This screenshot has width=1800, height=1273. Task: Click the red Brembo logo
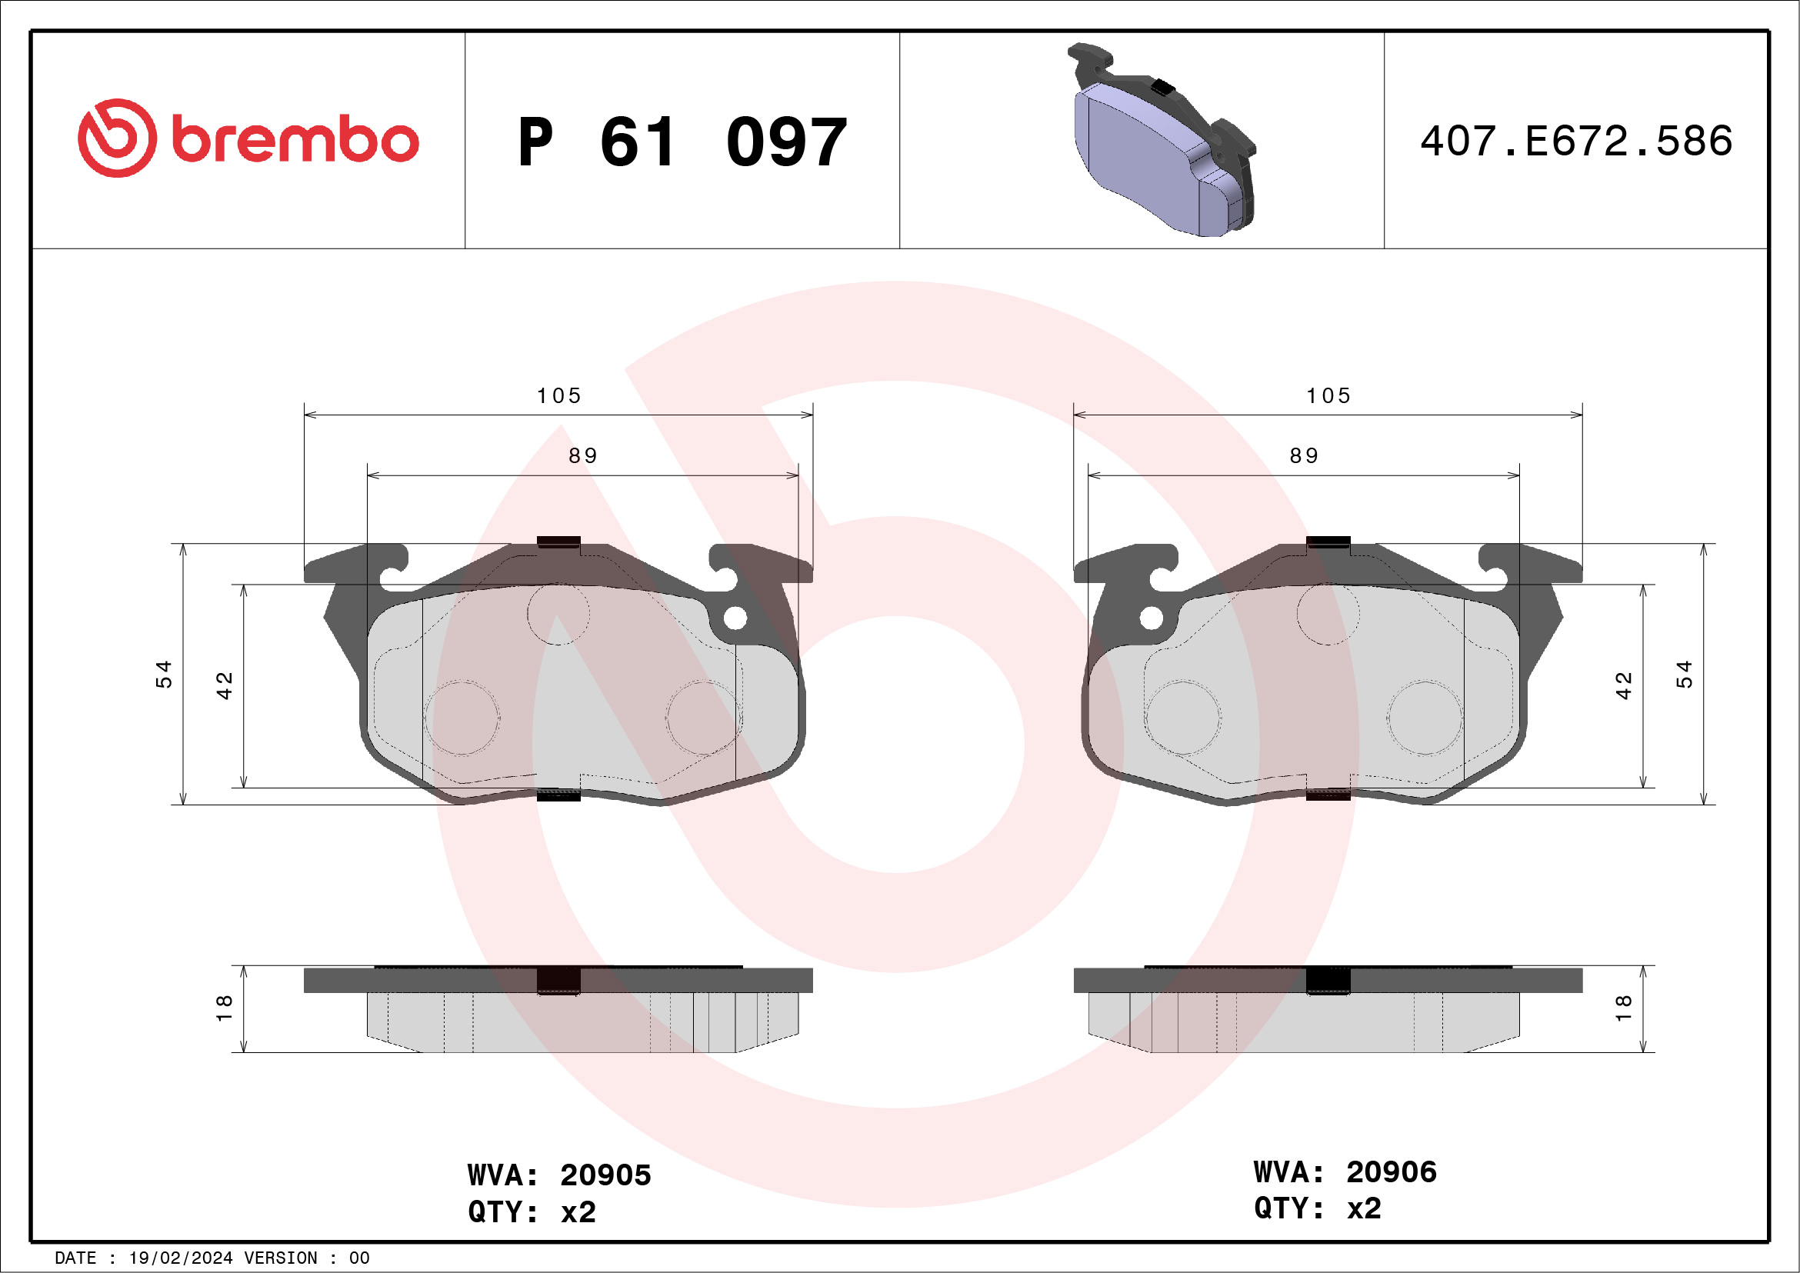click(x=248, y=138)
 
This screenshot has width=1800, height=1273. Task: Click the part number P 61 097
click(x=682, y=142)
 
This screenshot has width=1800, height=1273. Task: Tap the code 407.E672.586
click(x=1576, y=141)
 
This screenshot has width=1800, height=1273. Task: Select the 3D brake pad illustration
click(x=1162, y=139)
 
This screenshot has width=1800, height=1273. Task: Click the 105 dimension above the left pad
click(x=559, y=396)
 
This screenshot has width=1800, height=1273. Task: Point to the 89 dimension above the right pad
click(x=1305, y=455)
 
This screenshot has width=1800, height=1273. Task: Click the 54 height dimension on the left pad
click(x=163, y=674)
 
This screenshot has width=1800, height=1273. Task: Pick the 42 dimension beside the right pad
click(x=1624, y=686)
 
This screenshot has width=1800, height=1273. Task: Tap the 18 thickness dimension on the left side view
click(x=224, y=1008)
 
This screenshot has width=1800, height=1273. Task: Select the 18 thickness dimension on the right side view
click(x=1624, y=1008)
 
